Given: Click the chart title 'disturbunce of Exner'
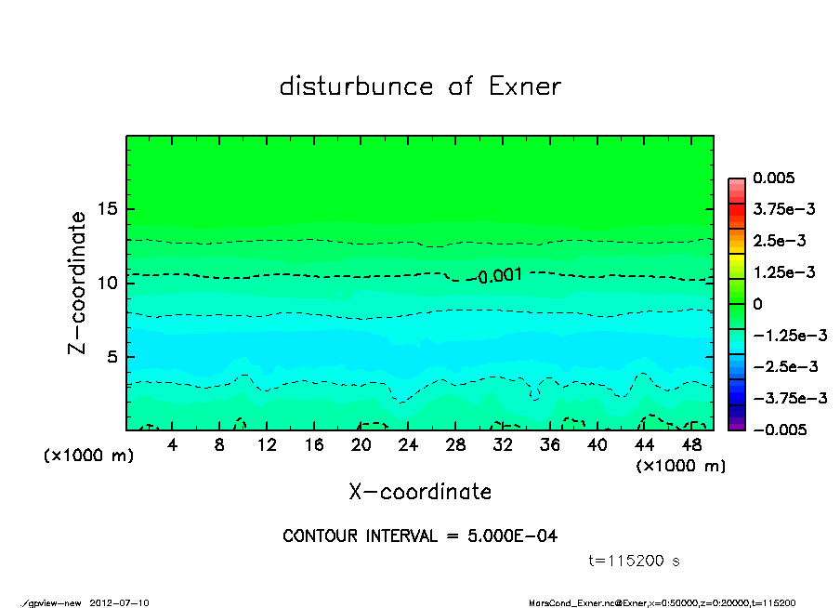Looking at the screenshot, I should coord(420,86).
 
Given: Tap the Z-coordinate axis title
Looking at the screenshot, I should coord(78,282).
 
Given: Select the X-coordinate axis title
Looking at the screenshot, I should coord(420,491).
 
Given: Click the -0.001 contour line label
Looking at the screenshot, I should coord(499,275).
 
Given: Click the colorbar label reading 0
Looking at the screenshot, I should coord(756,304).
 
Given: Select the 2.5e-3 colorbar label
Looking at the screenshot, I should coord(779,241).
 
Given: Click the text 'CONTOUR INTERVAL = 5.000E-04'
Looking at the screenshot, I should coord(420,535).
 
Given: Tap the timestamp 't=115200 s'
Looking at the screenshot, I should coord(635,561).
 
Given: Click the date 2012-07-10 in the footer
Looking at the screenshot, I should coord(120,602).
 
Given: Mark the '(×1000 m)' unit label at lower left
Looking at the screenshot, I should coord(83,456).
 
